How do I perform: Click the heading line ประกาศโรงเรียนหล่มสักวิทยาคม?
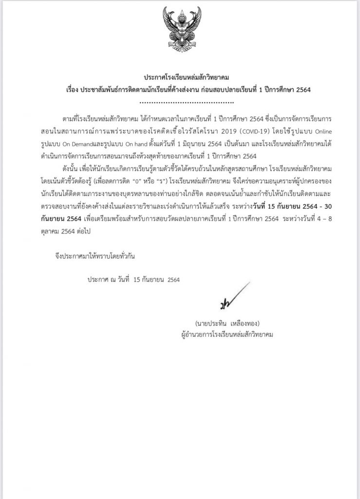pos(180,77)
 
